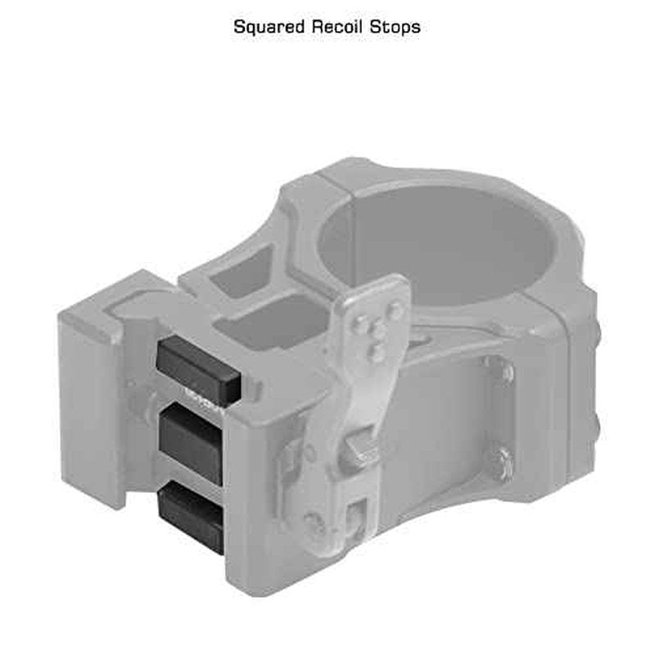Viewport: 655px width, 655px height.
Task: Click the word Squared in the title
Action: pos(269,28)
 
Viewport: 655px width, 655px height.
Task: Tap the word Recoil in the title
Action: pos(338,27)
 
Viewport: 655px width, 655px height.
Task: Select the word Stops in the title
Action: pos(395,28)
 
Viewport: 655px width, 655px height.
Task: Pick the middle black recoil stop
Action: pos(192,444)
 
